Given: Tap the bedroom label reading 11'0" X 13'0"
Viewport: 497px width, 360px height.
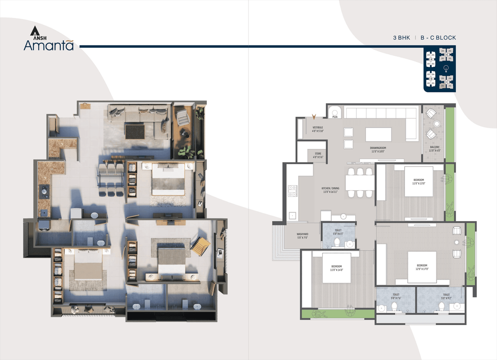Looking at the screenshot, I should pos(419,182).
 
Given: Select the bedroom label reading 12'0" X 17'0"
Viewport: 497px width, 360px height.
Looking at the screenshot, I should pos(422,267).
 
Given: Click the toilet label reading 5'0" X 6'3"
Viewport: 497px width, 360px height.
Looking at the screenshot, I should pos(338,232).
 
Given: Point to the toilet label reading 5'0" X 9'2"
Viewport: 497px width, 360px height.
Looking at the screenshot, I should pos(446,297).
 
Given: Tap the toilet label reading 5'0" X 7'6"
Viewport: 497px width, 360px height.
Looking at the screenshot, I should pos(396,297).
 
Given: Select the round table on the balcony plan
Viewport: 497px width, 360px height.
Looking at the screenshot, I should pos(437,124).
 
